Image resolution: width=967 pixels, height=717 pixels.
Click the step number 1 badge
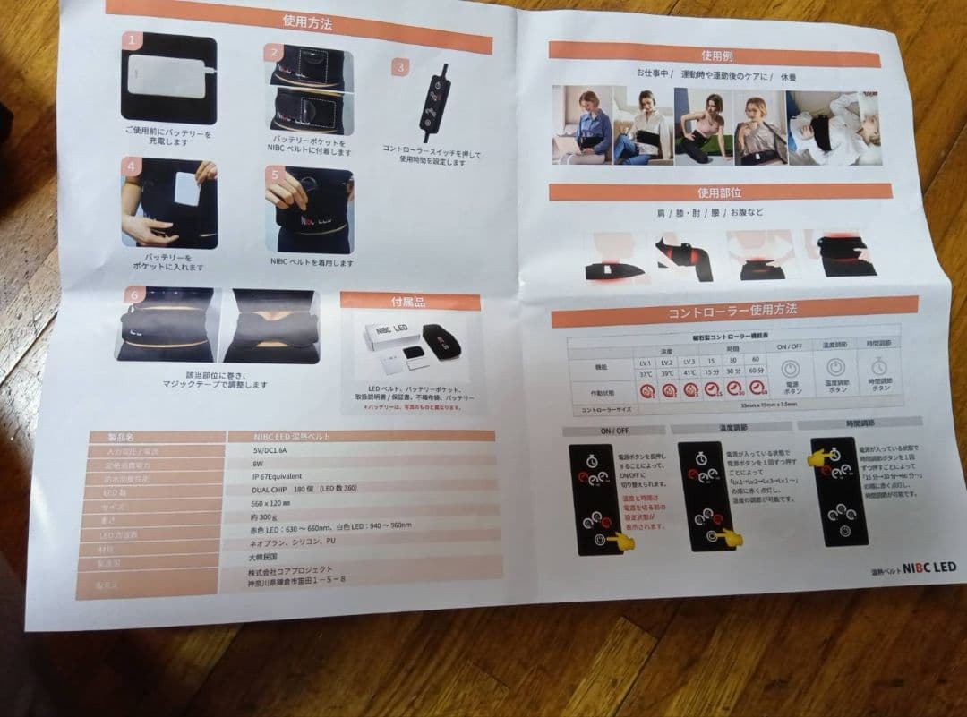pyautogui.click(x=133, y=40)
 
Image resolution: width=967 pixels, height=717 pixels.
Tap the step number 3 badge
pyautogui.click(x=401, y=66)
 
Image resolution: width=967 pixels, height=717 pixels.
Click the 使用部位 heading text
pyautogui.click(x=719, y=192)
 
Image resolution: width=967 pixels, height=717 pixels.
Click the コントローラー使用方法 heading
pyautogui.click(x=733, y=312)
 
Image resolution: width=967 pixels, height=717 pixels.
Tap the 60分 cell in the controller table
pyautogui.click(x=757, y=369)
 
